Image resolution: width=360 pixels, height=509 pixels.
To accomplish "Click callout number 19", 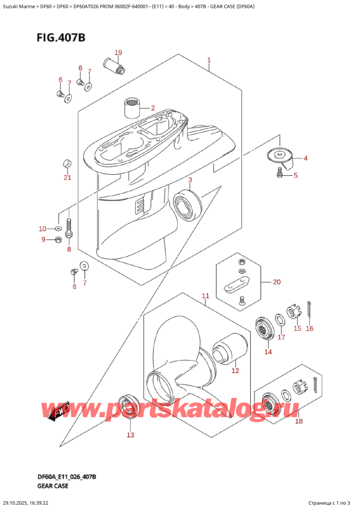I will pos(118,53).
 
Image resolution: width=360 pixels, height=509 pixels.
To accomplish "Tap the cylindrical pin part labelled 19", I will pos(113,65).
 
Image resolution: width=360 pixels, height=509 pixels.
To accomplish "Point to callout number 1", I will pos(209,60).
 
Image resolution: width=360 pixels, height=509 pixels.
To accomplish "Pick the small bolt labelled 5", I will pos(280,173).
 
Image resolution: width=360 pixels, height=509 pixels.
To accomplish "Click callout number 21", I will pos(67,177).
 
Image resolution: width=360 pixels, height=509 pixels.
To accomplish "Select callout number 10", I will pos(41,229).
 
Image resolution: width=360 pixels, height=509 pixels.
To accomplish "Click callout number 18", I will pos(298,421).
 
